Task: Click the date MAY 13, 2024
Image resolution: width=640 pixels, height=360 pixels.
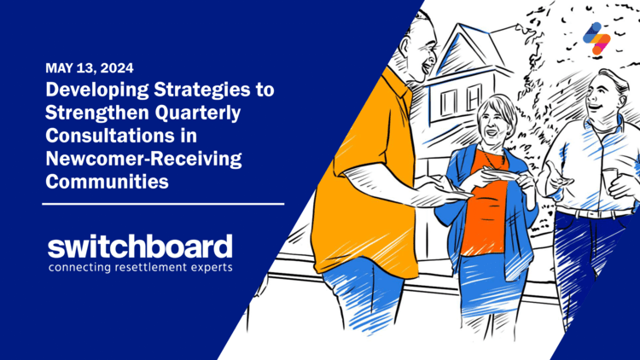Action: click(90, 67)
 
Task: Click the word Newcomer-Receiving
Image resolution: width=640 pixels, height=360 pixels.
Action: click(143, 159)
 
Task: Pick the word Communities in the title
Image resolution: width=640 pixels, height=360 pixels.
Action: click(107, 181)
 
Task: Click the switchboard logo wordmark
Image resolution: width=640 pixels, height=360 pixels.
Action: click(140, 247)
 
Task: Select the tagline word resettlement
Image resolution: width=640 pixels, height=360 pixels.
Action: click(150, 268)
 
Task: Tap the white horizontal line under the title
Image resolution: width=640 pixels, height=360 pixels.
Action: click(163, 204)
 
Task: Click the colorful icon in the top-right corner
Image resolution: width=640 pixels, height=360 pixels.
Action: click(596, 38)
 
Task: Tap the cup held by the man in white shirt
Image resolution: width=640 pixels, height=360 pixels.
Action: click(611, 180)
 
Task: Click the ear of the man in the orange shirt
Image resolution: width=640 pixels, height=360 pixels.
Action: click(405, 45)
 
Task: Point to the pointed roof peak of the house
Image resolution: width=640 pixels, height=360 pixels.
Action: click(461, 25)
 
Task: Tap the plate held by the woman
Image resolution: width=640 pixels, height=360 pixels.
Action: click(502, 174)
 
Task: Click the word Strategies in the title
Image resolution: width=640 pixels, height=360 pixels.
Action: click(202, 90)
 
